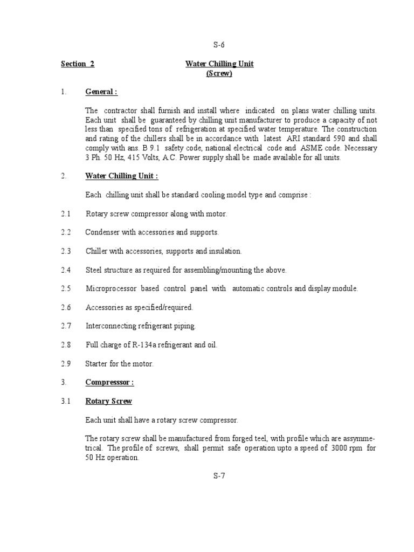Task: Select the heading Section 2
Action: point(78,64)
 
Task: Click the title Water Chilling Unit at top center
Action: point(219,64)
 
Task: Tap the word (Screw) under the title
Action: point(219,74)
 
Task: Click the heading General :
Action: point(101,92)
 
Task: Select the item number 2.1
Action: point(66,214)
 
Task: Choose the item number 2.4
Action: point(66,270)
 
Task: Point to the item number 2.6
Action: point(66,307)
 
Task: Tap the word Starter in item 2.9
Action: point(96,363)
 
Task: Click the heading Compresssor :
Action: point(109,382)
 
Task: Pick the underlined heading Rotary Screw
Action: point(108,401)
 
